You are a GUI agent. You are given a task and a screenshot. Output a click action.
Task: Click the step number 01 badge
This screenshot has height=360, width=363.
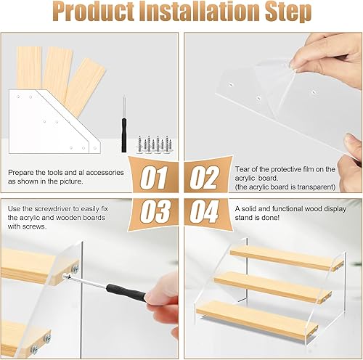154,176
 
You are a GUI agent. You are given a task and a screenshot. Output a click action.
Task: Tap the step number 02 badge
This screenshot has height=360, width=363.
205,176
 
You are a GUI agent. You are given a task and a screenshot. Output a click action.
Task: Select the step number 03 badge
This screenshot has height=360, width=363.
155,213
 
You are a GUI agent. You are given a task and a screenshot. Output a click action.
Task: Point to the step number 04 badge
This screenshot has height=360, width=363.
205,213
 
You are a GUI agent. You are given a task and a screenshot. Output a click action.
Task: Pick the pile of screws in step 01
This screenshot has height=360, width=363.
155,144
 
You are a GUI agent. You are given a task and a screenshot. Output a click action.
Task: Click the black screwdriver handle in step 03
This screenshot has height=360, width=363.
126,292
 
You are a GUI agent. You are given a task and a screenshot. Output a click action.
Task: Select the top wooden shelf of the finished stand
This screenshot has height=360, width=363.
287,258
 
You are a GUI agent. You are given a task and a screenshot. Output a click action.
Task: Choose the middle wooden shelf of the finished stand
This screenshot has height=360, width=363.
273,287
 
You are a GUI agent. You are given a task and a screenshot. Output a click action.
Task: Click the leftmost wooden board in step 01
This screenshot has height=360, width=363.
29,68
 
